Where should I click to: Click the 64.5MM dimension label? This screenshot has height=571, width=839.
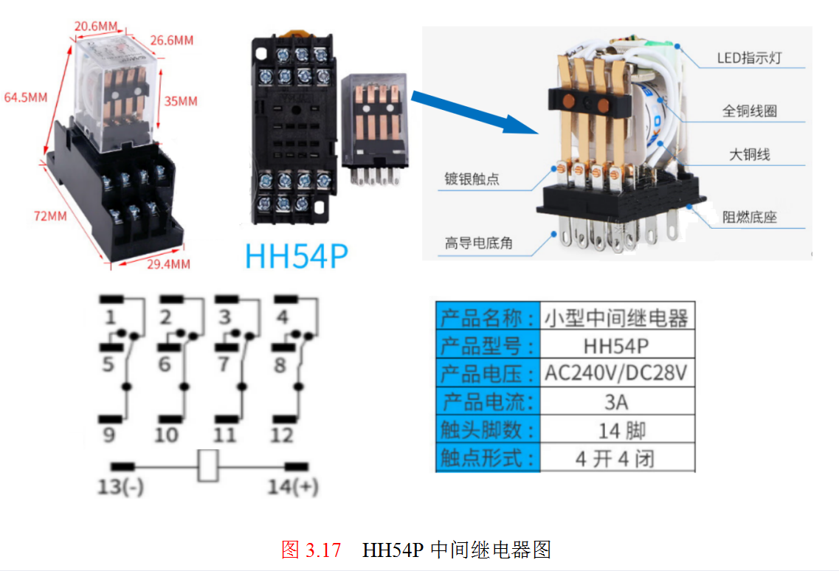click(x=26, y=97)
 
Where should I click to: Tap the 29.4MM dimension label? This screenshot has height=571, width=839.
click(x=168, y=264)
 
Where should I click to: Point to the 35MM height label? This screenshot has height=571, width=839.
click(x=181, y=101)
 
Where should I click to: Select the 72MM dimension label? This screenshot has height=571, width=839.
click(x=50, y=216)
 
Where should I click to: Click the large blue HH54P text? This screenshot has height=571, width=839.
click(x=297, y=256)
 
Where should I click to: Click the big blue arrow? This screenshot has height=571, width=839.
click(x=474, y=112)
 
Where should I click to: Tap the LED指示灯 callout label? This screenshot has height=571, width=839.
click(x=749, y=58)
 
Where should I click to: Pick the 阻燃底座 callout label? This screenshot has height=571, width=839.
click(x=749, y=217)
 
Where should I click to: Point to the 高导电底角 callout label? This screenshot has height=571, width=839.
click(x=478, y=243)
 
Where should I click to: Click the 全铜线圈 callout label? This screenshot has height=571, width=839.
click(x=749, y=111)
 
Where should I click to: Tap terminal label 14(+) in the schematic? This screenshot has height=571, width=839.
click(x=293, y=486)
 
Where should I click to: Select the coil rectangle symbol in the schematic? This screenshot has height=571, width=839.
click(x=207, y=466)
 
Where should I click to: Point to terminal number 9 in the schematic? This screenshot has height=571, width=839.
click(x=108, y=435)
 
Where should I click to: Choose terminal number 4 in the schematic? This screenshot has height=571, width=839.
click(x=283, y=316)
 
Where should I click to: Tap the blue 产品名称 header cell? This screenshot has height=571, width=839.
click(x=488, y=316)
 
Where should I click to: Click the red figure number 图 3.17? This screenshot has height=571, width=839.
click(x=311, y=550)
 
